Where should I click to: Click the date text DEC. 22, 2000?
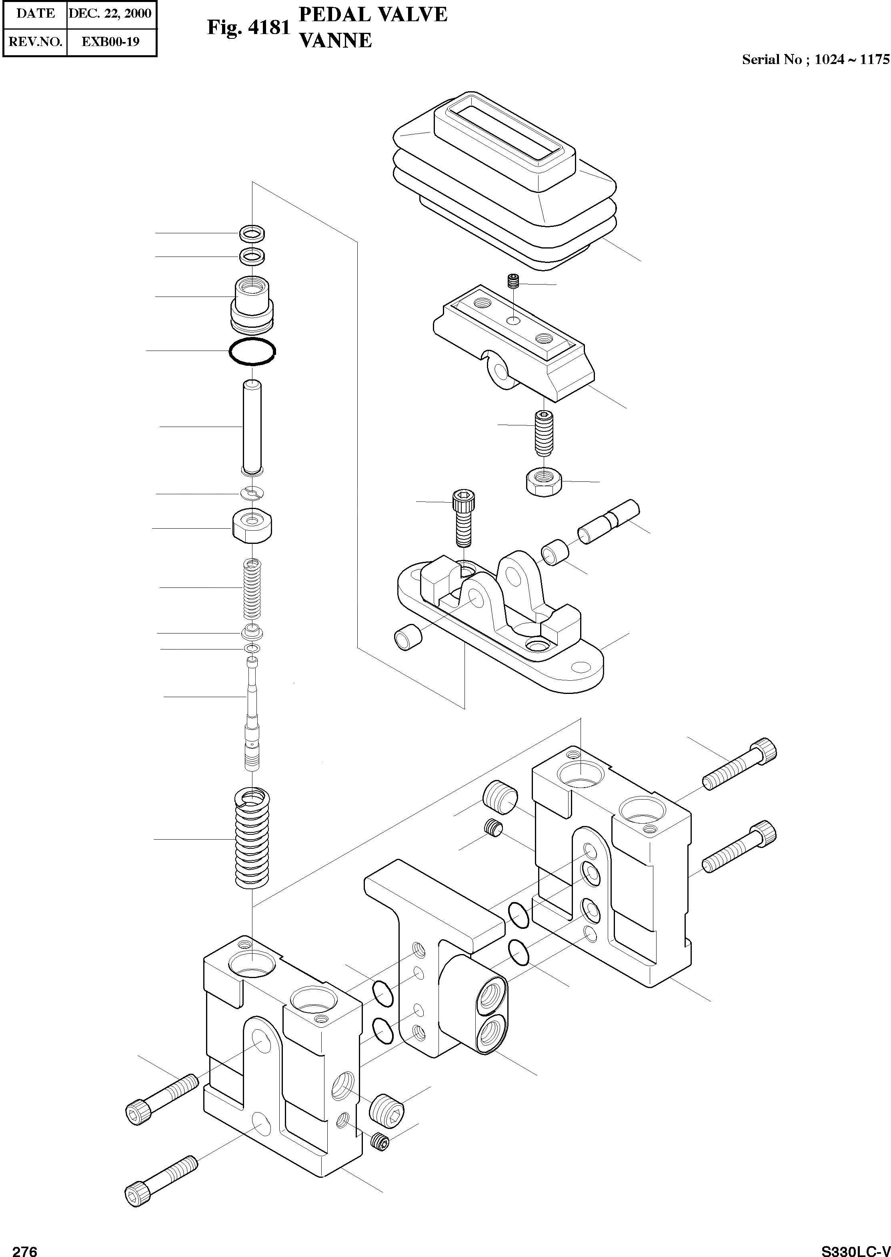click(x=110, y=13)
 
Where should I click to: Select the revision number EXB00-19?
click(x=110, y=41)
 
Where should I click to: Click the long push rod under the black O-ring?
click(x=252, y=428)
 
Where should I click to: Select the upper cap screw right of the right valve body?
click(x=740, y=764)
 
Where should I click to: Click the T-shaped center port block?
click(x=433, y=944)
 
